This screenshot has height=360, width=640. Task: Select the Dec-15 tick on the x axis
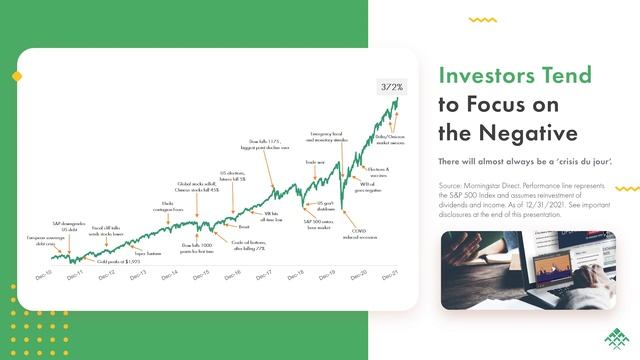pyautogui.click(x=200, y=275)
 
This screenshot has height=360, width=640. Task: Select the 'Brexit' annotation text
pyautogui.click(x=243, y=227)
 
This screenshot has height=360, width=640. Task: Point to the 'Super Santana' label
pyautogui.click(x=147, y=254)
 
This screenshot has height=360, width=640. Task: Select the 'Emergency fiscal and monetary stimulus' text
pyautogui.click(x=327, y=137)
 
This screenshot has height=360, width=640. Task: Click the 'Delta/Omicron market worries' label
pyautogui.click(x=390, y=138)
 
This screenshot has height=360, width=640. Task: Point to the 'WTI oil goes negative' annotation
pyautogui.click(x=366, y=187)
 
